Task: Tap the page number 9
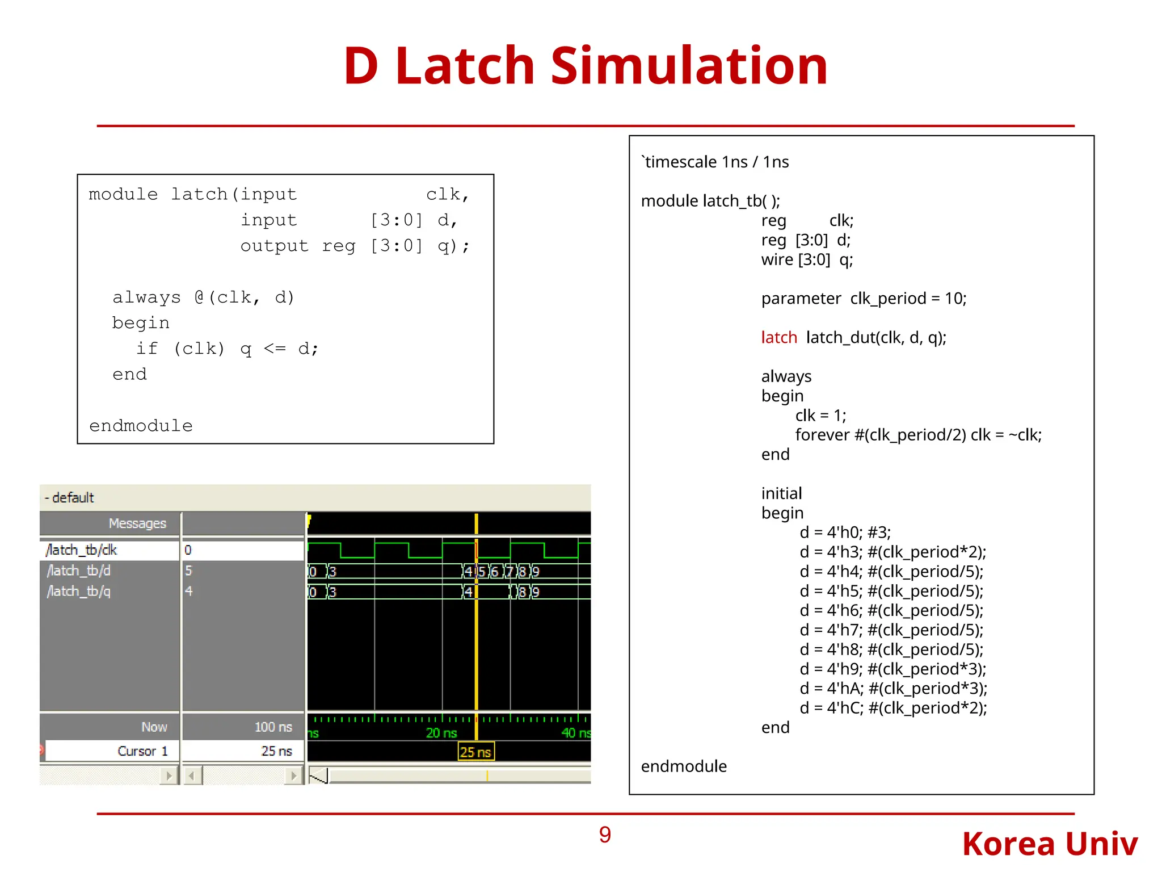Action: pyautogui.click(x=605, y=835)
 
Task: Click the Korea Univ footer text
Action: pyautogui.click(x=1050, y=844)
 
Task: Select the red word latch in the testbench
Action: pyautogui.click(x=779, y=337)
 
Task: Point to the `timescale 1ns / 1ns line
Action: pyautogui.click(x=715, y=162)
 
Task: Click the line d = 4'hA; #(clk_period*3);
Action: pyautogui.click(x=893, y=688)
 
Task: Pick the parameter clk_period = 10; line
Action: pyautogui.click(x=864, y=298)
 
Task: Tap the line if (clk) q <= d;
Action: pyautogui.click(x=227, y=348)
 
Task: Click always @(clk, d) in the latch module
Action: pyautogui.click(x=203, y=297)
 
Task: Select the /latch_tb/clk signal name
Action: pyautogui.click(x=82, y=550)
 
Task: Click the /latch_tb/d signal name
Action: pyautogui.click(x=79, y=570)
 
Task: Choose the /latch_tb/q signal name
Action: pyautogui.click(x=79, y=591)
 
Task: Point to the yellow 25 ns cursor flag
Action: pyautogui.click(x=475, y=752)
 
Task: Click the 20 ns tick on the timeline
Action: pyautogui.click(x=441, y=732)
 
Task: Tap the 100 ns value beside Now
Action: pyautogui.click(x=273, y=727)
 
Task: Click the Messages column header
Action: pyautogui.click(x=137, y=523)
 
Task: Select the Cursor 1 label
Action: pyautogui.click(x=142, y=751)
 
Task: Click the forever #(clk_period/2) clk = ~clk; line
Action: pyautogui.click(x=918, y=435)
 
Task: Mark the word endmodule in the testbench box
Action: pyautogui.click(x=684, y=766)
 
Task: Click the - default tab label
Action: pyautogui.click(x=69, y=497)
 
